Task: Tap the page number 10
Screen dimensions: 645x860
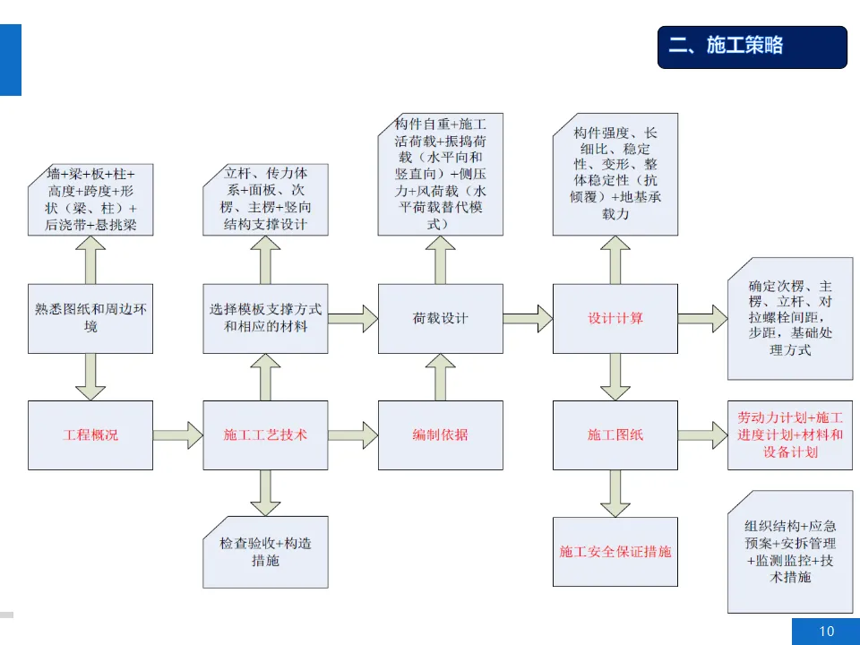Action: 826,632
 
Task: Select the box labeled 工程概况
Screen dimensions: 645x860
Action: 90,435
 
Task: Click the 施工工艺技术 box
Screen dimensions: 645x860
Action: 265,435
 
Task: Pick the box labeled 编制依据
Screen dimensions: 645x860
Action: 440,435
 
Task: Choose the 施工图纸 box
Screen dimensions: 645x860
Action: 615,435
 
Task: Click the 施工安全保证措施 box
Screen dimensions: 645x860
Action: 615,552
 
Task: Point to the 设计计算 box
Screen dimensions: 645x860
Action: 615,319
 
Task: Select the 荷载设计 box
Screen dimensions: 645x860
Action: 440,319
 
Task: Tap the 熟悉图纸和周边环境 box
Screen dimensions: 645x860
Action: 90,319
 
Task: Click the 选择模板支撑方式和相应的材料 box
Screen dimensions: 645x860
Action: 265,319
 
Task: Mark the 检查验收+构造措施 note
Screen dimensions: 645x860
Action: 265,552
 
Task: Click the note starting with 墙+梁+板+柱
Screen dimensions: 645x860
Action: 90,199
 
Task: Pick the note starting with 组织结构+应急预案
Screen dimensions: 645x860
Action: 789,552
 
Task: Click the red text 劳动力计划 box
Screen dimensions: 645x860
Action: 789,435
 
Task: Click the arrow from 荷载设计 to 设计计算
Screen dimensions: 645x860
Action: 527,317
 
